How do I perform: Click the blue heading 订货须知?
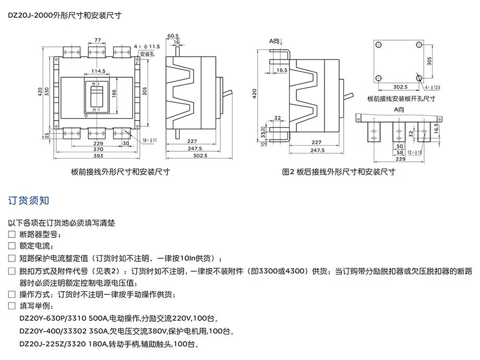point(29,200)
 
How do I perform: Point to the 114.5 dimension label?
point(98,71)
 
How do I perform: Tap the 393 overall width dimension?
point(98,155)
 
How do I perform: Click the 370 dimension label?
point(98,149)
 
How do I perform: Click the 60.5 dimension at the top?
point(173,36)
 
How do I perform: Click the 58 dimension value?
point(399,152)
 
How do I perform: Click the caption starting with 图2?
point(339,171)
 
